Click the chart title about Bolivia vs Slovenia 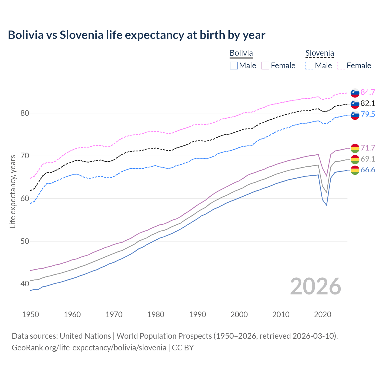136,35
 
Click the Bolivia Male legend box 234,66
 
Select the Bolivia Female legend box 265,66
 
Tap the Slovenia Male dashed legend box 309,66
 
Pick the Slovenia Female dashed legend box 341,66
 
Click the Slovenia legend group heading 320,53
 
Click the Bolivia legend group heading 241,53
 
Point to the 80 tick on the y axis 25,113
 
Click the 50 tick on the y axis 25,241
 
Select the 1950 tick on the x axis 31,314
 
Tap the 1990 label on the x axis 197,314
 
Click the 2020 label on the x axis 323,314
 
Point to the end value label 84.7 368,92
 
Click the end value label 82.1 368,103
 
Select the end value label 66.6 368,170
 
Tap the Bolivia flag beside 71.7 355,148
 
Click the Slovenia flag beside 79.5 355,115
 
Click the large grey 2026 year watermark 316,286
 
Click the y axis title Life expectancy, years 13,191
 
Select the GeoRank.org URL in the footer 89,348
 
